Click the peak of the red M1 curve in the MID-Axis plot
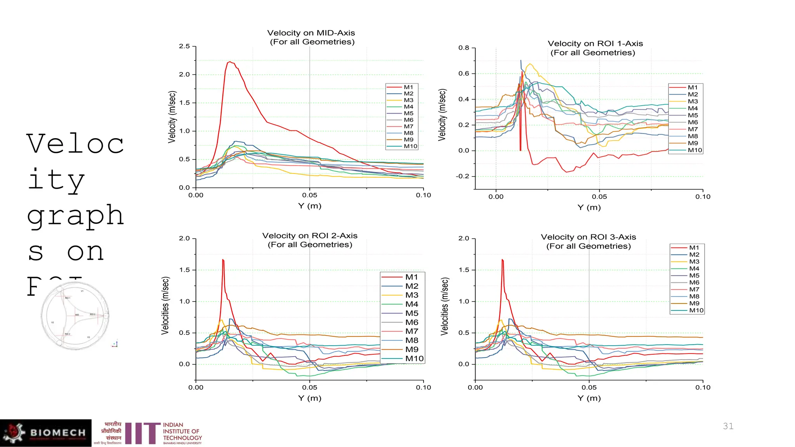click(230, 62)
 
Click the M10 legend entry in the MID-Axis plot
click(410, 146)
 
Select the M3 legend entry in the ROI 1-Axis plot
click(693, 101)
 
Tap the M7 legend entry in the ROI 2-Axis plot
click(411, 331)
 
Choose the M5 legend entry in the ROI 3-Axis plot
click(694, 275)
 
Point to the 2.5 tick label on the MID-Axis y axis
click(184, 46)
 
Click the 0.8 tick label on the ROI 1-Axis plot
click(463, 48)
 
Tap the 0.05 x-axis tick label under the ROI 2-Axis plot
click(309, 387)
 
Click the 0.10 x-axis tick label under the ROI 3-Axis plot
click(703, 387)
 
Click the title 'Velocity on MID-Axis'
click(311, 33)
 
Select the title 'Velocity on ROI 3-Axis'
click(588, 237)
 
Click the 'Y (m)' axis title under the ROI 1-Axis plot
click(589, 207)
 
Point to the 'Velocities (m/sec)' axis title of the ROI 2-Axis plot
click(165, 306)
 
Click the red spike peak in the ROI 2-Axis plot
click(223, 260)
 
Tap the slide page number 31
click(728, 426)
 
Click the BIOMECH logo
click(46, 433)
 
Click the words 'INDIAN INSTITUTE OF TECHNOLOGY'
click(182, 431)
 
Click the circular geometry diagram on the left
click(75, 316)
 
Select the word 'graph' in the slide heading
click(75, 216)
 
